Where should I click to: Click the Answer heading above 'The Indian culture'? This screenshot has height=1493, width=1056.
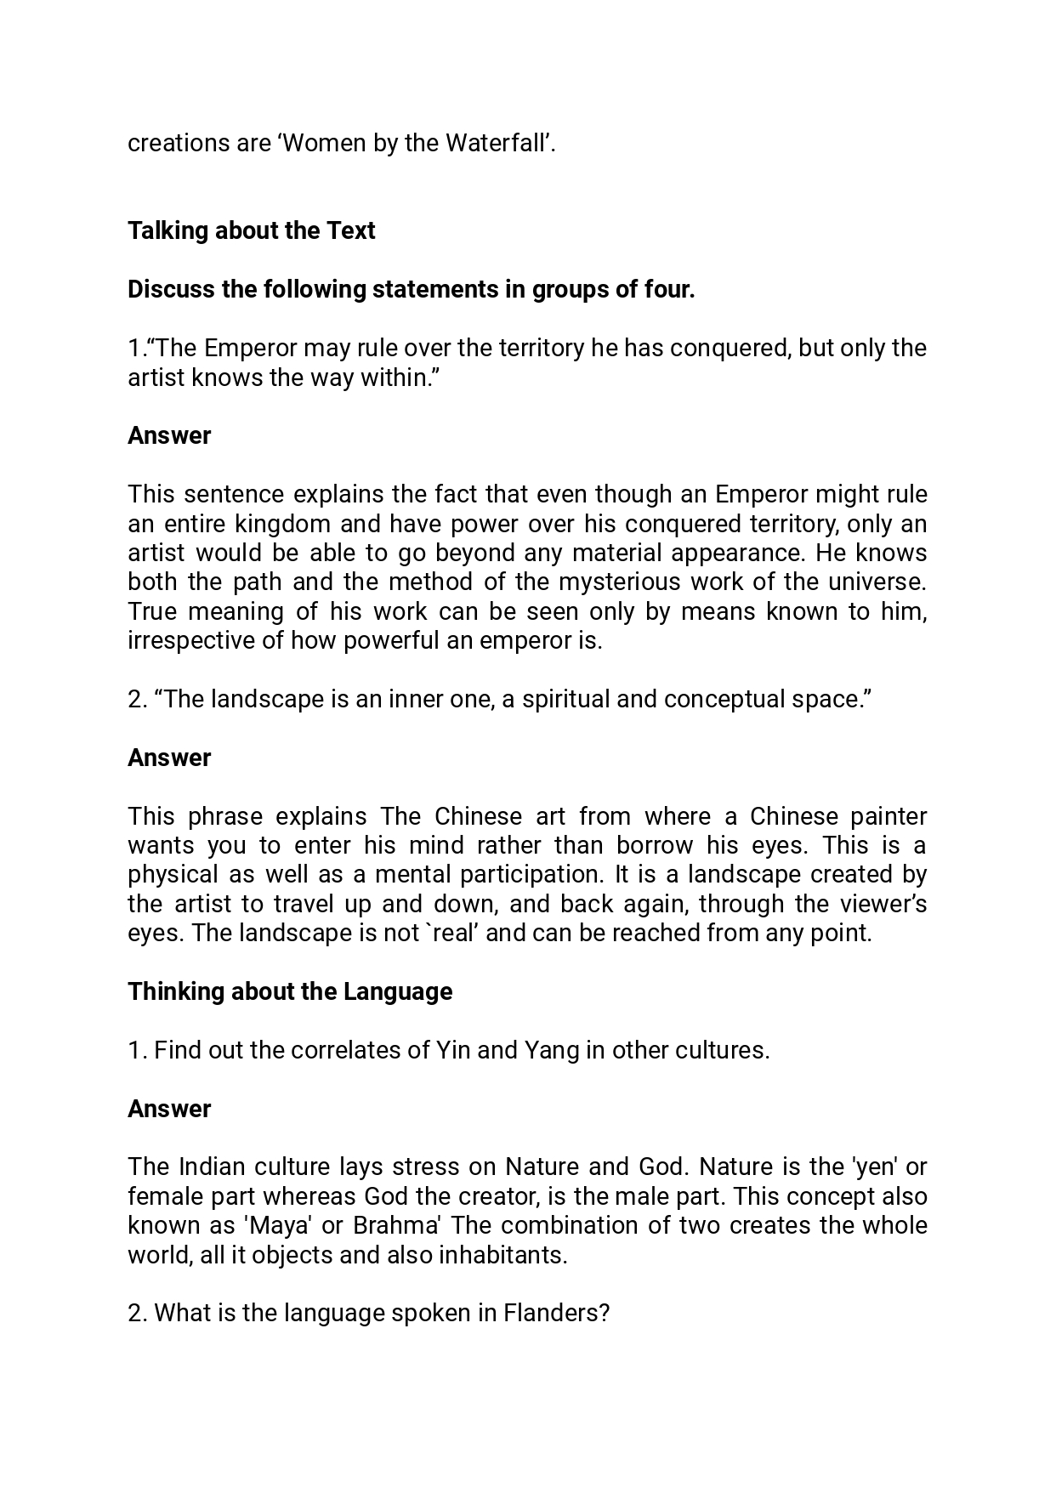169,1110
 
